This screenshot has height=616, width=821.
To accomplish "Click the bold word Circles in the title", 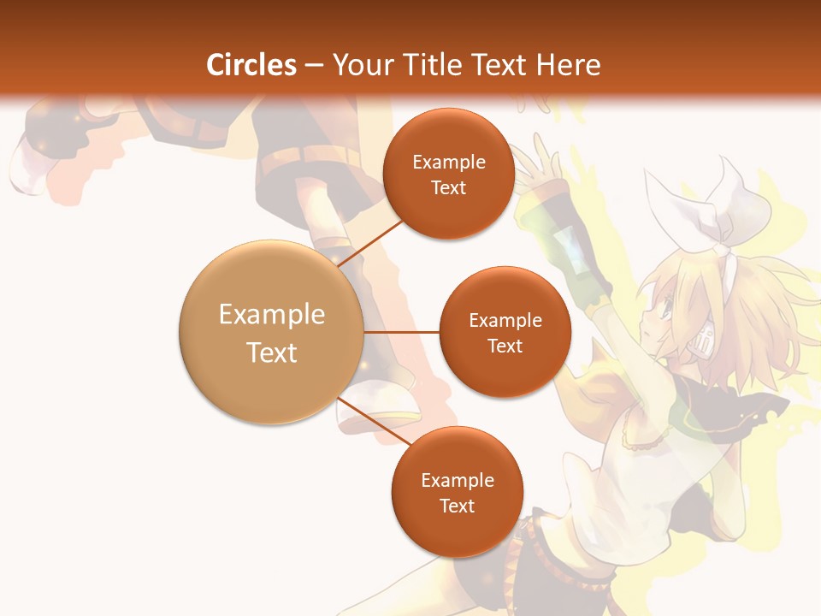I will [x=251, y=65].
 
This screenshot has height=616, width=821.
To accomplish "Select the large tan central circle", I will [x=272, y=332].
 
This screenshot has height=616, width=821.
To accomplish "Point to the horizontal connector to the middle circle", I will [x=401, y=332].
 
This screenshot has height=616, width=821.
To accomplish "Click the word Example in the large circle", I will [x=272, y=315].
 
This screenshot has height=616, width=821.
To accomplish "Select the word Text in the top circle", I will [x=448, y=188].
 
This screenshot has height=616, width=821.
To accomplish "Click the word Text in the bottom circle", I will [x=457, y=506].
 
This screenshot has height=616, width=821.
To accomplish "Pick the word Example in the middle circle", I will [x=505, y=321].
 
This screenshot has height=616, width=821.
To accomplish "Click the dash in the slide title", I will [x=314, y=66].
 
